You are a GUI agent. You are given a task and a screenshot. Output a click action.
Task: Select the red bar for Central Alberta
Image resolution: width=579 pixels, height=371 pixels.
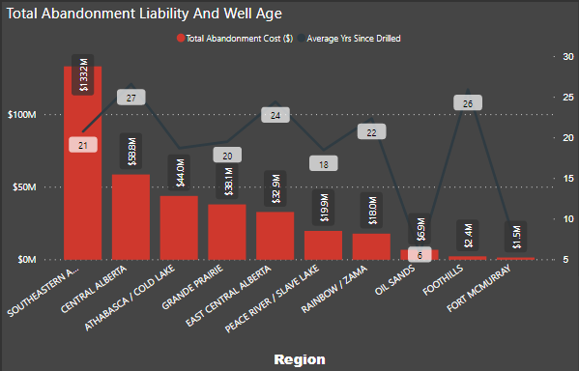click(x=131, y=217)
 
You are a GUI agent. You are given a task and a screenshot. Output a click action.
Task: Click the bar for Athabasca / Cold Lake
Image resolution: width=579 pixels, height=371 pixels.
click(x=180, y=228)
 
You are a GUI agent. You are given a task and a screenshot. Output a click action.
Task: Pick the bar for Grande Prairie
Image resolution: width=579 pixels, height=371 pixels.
click(x=228, y=232)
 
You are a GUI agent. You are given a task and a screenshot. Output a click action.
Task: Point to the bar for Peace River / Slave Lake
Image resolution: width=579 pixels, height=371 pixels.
click(x=324, y=245)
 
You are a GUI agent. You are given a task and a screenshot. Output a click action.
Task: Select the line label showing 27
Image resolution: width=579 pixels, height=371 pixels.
click(x=131, y=97)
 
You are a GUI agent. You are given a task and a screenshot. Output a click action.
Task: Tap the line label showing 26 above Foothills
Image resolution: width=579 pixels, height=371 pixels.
click(x=468, y=102)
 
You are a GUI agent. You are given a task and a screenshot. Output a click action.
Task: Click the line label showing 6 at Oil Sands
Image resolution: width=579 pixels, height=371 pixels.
click(x=420, y=254)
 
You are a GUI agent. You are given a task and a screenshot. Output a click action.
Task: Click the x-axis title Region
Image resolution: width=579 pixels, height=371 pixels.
click(x=300, y=358)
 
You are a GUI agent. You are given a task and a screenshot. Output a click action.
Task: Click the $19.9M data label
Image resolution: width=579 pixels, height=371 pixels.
click(x=324, y=208)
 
